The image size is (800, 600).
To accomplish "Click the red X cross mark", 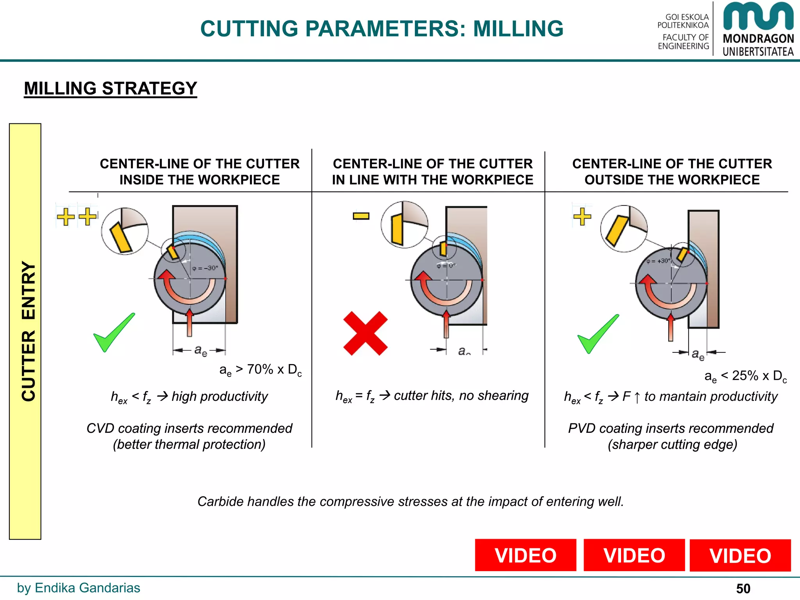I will click(x=365, y=333).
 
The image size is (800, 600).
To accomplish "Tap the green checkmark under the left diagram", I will click(x=113, y=333).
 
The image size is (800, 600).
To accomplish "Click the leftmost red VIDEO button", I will click(x=525, y=555).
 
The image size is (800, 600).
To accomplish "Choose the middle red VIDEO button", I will click(x=634, y=555).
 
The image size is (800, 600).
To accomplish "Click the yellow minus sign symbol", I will click(x=361, y=216).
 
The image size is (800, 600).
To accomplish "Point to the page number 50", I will click(x=743, y=588).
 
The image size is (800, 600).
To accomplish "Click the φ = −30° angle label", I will click(x=205, y=268).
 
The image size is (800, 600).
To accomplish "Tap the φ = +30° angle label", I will click(x=658, y=261).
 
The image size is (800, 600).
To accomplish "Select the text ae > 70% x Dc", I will click(x=261, y=370).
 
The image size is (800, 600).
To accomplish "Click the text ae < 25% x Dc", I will click(x=745, y=376).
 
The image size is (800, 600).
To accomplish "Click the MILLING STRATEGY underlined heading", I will click(x=111, y=88).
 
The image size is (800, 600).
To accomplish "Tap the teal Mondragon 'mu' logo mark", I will click(x=758, y=17).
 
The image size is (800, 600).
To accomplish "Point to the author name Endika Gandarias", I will click(x=87, y=588).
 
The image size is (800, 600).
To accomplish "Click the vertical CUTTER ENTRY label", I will click(x=28, y=331).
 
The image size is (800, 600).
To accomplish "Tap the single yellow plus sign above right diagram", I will click(x=582, y=216).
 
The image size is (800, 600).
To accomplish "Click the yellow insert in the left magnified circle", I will click(x=121, y=237).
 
